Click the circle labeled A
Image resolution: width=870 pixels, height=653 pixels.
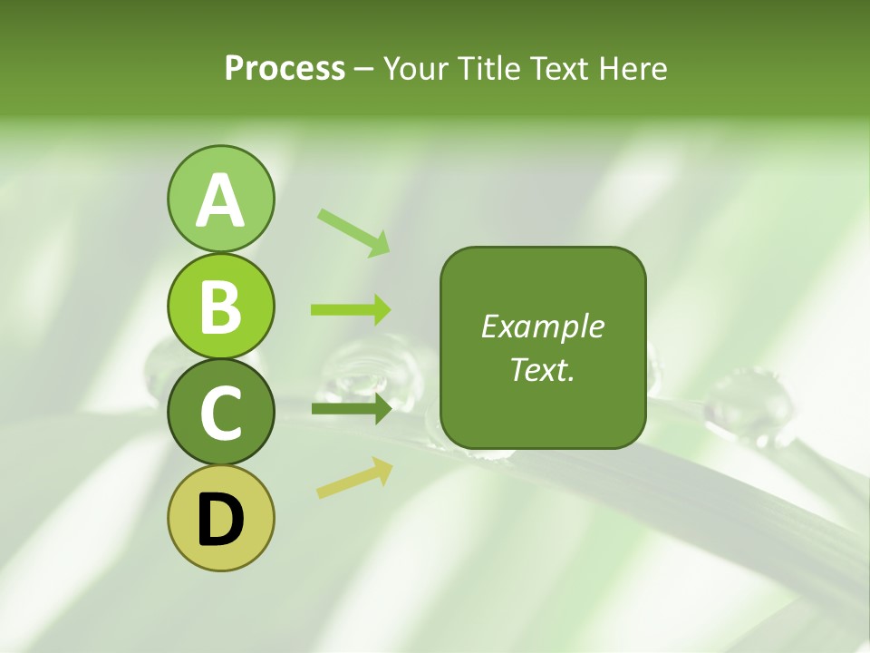220,200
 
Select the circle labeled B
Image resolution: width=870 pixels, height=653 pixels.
220,307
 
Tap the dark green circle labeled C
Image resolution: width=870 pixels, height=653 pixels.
220,413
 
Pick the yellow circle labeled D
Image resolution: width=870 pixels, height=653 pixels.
220,519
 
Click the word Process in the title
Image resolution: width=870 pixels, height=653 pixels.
285,69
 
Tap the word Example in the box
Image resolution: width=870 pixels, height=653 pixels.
542,326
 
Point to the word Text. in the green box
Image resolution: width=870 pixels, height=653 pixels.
542,369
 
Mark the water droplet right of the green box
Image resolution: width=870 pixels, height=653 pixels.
749,403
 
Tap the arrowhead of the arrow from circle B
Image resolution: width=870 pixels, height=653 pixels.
382,309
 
